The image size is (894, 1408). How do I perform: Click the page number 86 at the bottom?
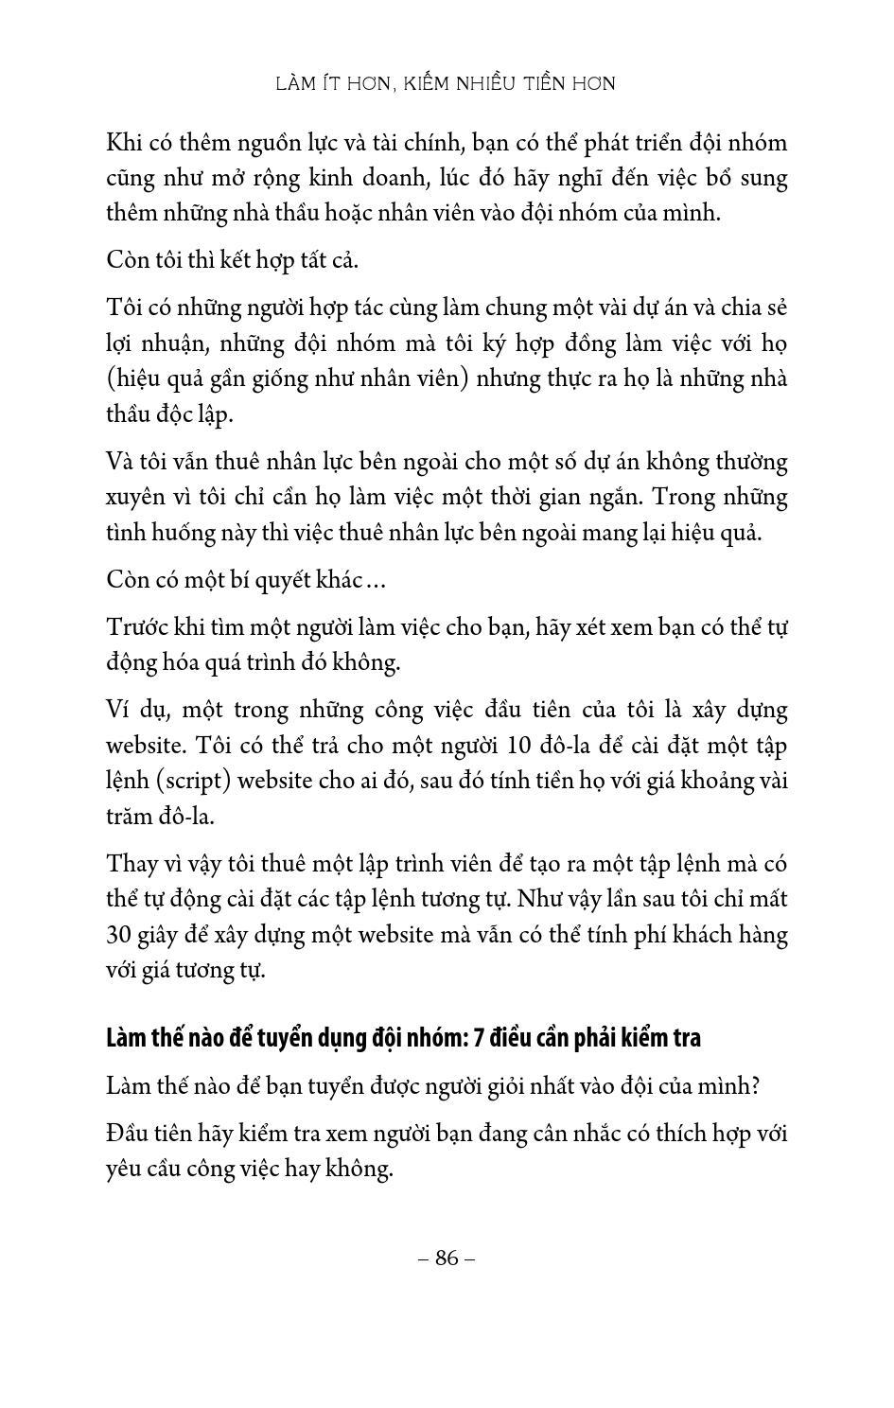point(447,1258)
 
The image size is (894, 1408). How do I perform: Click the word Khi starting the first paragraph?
point(123,144)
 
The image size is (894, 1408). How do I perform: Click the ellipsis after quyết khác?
point(376,580)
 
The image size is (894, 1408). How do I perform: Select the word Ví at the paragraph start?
point(120,711)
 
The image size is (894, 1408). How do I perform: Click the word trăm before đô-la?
point(131,817)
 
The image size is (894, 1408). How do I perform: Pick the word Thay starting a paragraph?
point(133,864)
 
